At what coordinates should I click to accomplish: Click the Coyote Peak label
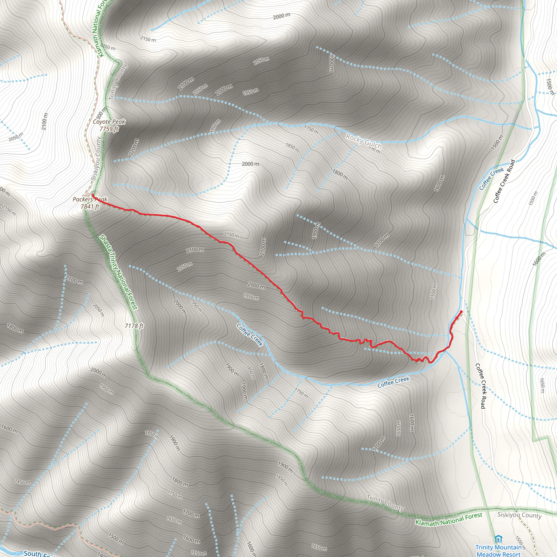coord(109,122)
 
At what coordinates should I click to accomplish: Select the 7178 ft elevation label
coord(134,326)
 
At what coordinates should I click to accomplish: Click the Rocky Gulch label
coord(364,141)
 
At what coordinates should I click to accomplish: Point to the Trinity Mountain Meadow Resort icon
coord(498,539)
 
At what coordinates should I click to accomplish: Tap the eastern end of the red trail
coord(461,312)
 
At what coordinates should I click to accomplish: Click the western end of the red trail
coord(93,195)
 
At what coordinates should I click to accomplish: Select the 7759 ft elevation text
coord(109,129)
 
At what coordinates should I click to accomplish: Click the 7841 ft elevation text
coord(90,206)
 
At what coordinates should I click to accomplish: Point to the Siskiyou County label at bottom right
coord(519,515)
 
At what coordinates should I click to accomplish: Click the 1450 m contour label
coord(23,482)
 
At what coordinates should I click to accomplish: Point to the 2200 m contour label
coord(134,148)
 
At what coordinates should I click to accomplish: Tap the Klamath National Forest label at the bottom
coord(448,519)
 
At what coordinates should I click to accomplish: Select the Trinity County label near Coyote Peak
coord(118,82)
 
